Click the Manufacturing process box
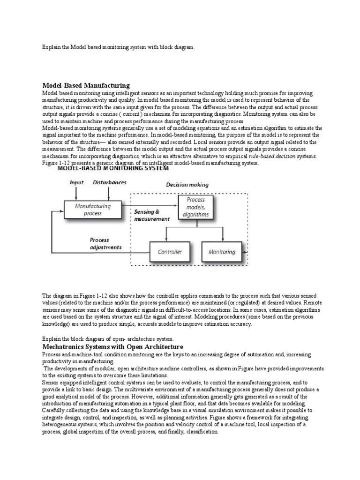click(x=93, y=209)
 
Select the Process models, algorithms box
click(x=195, y=207)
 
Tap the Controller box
click(x=170, y=252)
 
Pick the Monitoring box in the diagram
click(x=222, y=252)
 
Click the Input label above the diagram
click(x=77, y=182)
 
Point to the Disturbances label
click(x=109, y=182)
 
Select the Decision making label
click(x=187, y=185)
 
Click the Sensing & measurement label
click(x=151, y=215)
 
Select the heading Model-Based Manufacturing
click(x=86, y=85)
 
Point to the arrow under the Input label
click(x=77, y=192)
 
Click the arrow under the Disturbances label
click(x=109, y=192)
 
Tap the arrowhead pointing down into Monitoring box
click(x=221, y=240)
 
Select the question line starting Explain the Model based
click(x=118, y=48)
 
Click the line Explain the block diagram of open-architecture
click(x=108, y=338)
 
